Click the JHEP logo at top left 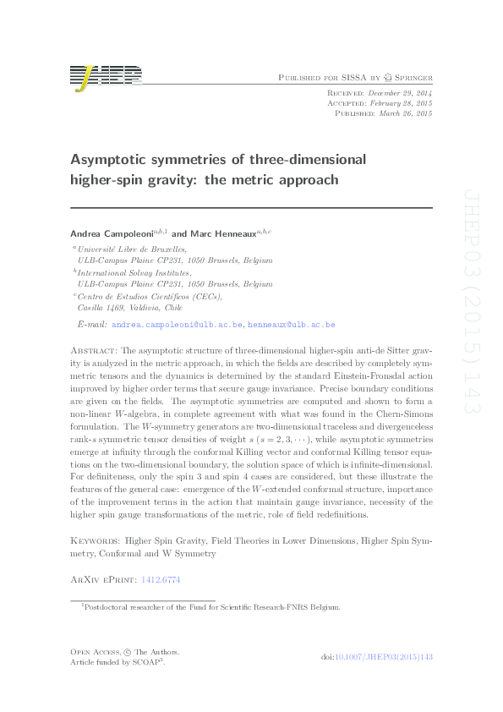tap(105, 76)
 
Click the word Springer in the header tap(410, 77)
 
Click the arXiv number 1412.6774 tap(161, 580)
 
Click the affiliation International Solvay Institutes tap(134, 274)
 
